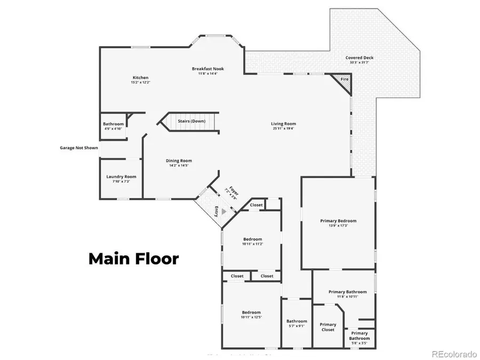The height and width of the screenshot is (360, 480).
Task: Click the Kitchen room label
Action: tap(140, 78)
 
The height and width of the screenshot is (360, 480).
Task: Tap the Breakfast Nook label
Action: tap(208, 69)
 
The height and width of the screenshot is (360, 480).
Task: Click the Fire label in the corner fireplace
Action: tap(345, 79)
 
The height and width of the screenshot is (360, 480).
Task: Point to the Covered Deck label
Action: tap(359, 58)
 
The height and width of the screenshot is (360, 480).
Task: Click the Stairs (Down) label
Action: tap(191, 121)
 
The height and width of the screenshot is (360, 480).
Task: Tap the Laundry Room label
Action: tap(121, 177)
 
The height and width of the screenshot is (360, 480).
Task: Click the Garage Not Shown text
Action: tap(78, 148)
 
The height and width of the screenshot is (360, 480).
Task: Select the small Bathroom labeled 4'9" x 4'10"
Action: tap(113, 124)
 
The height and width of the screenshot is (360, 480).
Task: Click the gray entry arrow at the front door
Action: tap(224, 211)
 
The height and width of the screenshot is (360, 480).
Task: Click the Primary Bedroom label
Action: tap(338, 221)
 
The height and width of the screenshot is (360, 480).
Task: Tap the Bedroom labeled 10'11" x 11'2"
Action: tap(252, 239)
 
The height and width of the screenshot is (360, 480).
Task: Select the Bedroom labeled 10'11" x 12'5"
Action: tap(251, 313)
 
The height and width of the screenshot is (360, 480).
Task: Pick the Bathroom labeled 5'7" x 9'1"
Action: tap(297, 321)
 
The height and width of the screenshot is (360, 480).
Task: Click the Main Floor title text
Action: tap(133, 259)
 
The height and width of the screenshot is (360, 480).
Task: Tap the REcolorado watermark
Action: tap(454, 354)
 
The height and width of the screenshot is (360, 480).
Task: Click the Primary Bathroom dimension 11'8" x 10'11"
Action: tap(347, 297)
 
